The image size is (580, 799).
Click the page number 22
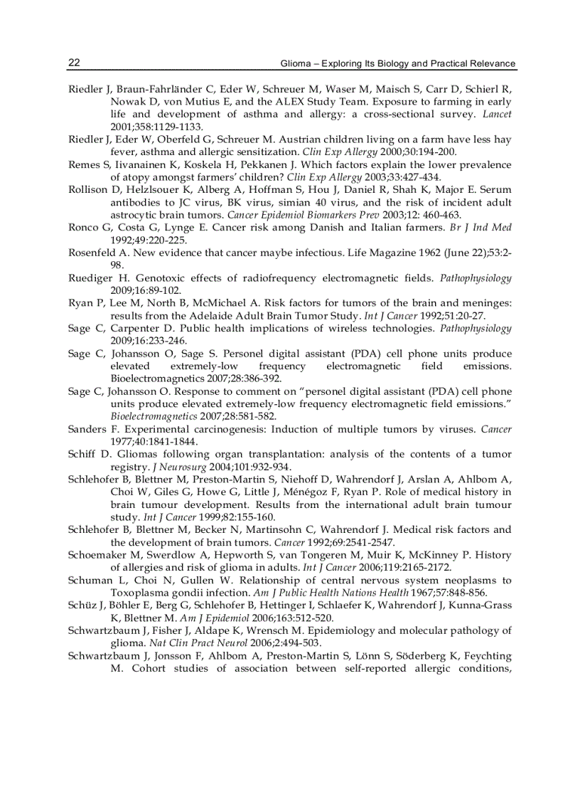74,63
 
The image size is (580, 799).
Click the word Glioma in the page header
297,63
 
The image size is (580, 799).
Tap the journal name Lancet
497,114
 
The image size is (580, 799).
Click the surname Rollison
87,189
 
